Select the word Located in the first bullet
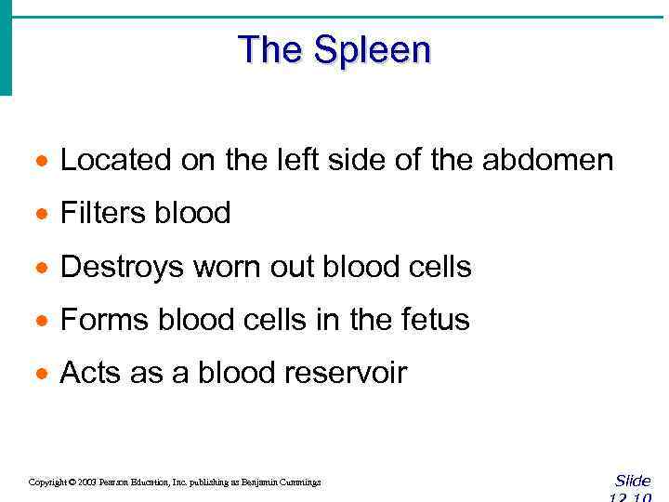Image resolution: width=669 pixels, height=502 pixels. tap(115, 161)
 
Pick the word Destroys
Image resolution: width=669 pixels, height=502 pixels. tap(122, 268)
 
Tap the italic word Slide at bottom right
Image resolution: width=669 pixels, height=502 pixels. tap(633, 481)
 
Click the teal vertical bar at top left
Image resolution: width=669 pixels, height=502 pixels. tap(6, 46)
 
